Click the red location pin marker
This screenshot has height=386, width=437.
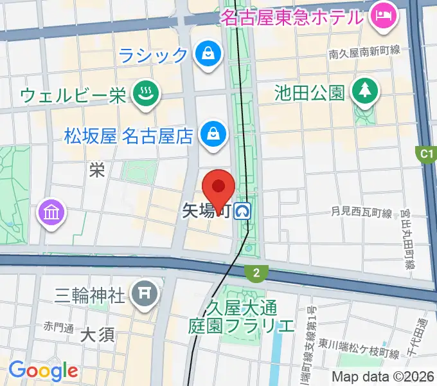[x=219, y=188]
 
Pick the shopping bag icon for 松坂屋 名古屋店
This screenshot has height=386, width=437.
[x=211, y=135]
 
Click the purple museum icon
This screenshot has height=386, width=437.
[x=52, y=213]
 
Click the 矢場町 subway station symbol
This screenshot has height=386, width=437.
[x=242, y=210]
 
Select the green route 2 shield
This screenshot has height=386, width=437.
[x=256, y=273]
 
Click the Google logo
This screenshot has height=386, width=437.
[x=42, y=371]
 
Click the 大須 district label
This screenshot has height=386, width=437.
[x=98, y=335]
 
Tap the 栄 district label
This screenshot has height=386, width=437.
[x=97, y=170]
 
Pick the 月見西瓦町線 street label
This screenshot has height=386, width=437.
[x=361, y=211]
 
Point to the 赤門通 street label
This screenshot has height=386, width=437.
[x=59, y=326]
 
